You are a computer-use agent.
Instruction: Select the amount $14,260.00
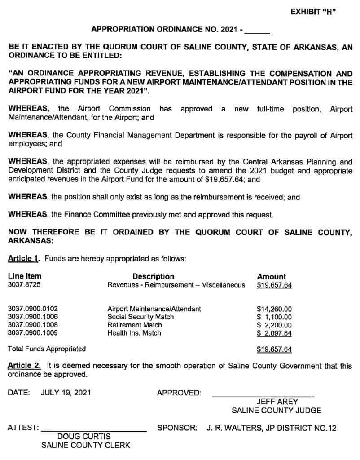(x=274, y=309)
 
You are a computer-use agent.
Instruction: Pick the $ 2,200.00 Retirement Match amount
(x=274, y=325)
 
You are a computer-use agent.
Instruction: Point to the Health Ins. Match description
(x=134, y=333)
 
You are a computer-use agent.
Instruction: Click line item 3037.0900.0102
(x=33, y=309)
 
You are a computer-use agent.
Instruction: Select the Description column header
(x=153, y=276)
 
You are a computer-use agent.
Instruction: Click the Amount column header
(x=271, y=276)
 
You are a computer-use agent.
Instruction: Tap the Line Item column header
(x=24, y=276)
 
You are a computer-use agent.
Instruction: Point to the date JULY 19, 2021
(x=66, y=393)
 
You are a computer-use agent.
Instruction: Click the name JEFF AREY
(x=277, y=402)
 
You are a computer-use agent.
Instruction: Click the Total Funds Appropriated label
(x=47, y=349)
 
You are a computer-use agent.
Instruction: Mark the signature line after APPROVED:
(x=263, y=396)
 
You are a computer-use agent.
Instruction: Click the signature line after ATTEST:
(x=94, y=431)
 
